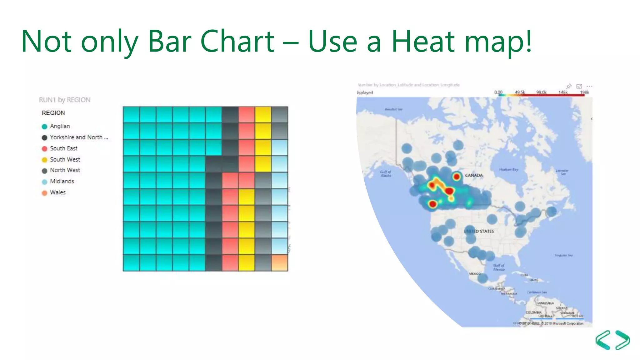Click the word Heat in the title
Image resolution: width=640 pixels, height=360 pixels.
[x=423, y=41]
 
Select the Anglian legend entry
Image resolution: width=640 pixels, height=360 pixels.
[x=60, y=126]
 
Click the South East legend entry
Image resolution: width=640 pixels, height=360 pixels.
[x=63, y=148]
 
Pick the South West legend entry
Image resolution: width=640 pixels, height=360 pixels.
[x=65, y=160]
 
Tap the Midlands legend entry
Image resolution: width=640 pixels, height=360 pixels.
[x=62, y=181]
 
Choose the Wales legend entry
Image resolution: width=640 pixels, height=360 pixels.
[x=57, y=192]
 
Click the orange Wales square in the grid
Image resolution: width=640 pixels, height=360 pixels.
[x=279, y=262]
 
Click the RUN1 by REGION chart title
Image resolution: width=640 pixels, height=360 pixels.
[x=65, y=100]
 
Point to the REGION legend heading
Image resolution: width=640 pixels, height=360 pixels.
[x=53, y=113]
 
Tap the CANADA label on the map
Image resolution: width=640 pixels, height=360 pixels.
[x=474, y=175]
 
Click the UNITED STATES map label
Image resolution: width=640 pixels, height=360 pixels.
[x=479, y=231]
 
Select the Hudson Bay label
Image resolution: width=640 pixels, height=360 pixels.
[x=508, y=169]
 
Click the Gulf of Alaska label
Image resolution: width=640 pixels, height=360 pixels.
[x=386, y=174]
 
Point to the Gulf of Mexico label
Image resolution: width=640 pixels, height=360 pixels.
[x=499, y=267]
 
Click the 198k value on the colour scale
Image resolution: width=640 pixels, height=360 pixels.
[x=584, y=92]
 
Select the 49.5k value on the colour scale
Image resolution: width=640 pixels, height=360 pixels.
[x=520, y=92]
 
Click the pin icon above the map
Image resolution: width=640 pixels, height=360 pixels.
[x=569, y=86]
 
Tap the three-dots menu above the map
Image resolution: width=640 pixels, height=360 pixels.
[x=589, y=86]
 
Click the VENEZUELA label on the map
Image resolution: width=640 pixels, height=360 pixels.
[x=546, y=303]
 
